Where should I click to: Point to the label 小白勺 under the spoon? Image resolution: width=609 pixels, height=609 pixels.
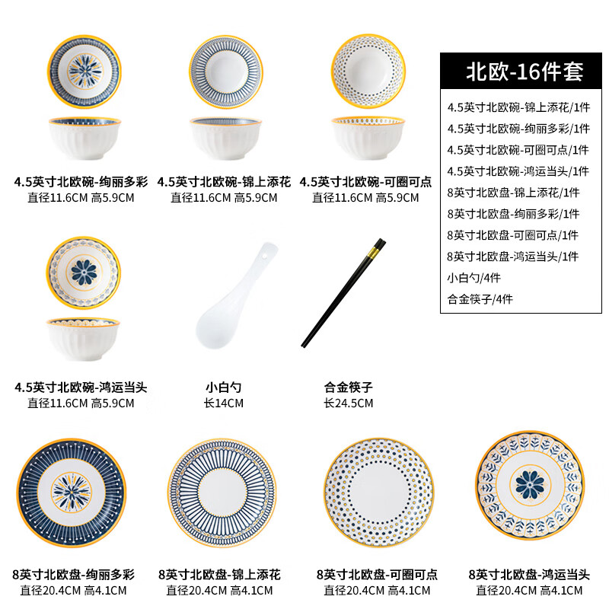click(x=224, y=387)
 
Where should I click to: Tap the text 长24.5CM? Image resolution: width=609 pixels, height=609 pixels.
click(x=348, y=403)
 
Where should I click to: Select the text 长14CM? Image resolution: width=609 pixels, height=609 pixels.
click(x=224, y=403)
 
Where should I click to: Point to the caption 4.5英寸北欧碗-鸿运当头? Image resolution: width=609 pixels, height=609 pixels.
click(x=81, y=387)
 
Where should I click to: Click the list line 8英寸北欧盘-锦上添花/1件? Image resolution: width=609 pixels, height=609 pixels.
click(x=513, y=192)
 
